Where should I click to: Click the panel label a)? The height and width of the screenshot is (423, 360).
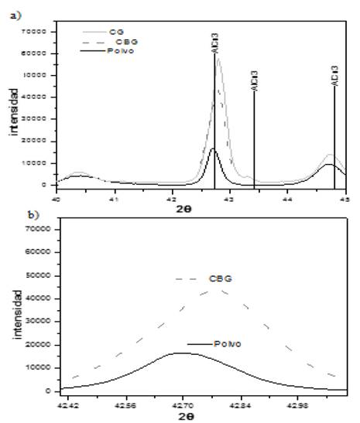tap(14, 11)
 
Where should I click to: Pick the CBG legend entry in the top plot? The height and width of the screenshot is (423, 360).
tap(122, 40)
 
